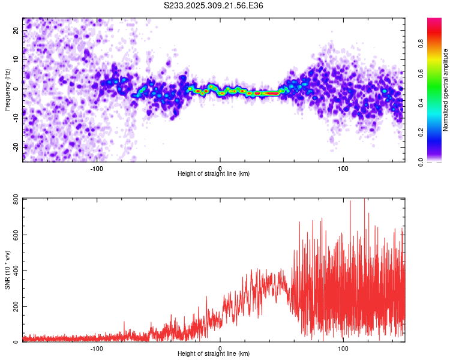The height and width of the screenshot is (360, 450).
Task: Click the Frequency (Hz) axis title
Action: (x=8, y=88)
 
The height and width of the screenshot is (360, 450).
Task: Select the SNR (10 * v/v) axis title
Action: (x=8, y=271)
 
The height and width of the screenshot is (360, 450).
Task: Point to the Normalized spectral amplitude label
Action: (x=446, y=91)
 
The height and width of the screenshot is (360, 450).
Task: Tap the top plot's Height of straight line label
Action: (x=214, y=173)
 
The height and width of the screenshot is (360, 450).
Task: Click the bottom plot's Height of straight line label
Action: (x=214, y=353)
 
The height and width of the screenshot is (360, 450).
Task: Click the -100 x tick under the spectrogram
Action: (x=97, y=168)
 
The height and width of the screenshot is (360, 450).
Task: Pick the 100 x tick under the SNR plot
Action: (x=343, y=348)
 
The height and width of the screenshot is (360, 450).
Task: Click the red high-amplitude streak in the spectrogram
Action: (x=264, y=94)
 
